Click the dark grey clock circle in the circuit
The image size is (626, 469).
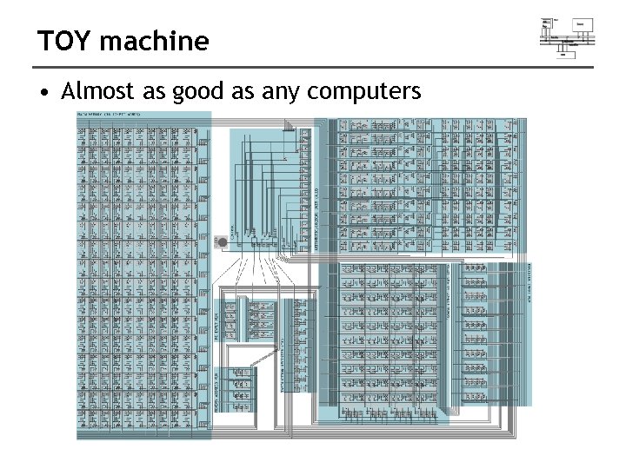[222, 241]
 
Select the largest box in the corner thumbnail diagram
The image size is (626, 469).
[583, 24]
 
